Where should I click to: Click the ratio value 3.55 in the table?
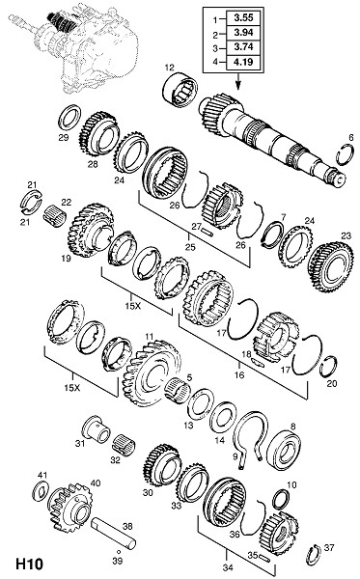pyautogui.click(x=243, y=17)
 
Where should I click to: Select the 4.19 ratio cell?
pyautogui.click(x=243, y=62)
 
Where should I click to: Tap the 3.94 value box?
pyautogui.click(x=243, y=33)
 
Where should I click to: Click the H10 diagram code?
pyautogui.click(x=29, y=565)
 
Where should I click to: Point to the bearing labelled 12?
pyautogui.click(x=180, y=91)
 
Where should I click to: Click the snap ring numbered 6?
pyautogui.click(x=345, y=155)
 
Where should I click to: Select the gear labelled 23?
pyautogui.click(x=331, y=266)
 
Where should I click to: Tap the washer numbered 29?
pyautogui.click(x=69, y=118)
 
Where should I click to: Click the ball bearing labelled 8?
pyautogui.click(x=283, y=452)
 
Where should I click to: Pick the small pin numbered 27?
pyautogui.click(x=207, y=233)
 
